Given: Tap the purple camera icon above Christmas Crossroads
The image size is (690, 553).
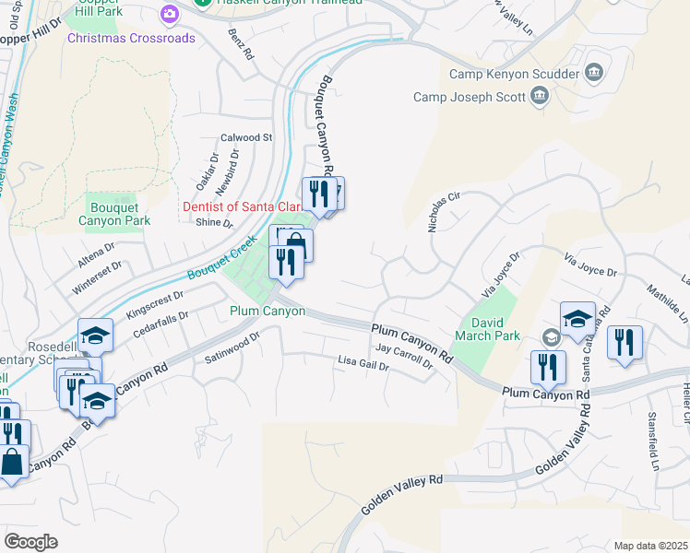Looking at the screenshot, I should [169, 14].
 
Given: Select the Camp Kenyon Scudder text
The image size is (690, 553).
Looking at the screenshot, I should [513, 74].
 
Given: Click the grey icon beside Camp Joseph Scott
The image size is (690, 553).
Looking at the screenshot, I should [539, 97].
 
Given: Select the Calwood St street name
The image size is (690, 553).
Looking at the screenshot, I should [246, 137].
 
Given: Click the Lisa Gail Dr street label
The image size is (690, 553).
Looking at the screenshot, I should [363, 364].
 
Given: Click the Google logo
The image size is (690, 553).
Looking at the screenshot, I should [30, 542].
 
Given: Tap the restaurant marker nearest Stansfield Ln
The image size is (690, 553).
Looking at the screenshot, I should [625, 343].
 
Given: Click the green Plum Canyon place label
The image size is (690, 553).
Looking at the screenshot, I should [268, 312].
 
